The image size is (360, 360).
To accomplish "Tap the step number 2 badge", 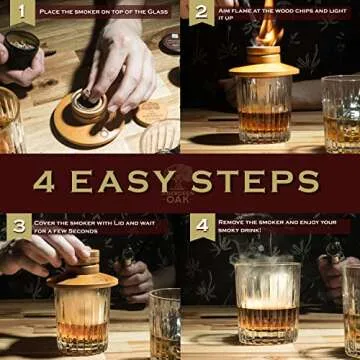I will click(x=201, y=13).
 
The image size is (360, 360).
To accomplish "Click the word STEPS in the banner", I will click(x=257, y=182).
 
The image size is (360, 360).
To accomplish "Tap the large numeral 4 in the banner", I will click(x=44, y=182).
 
